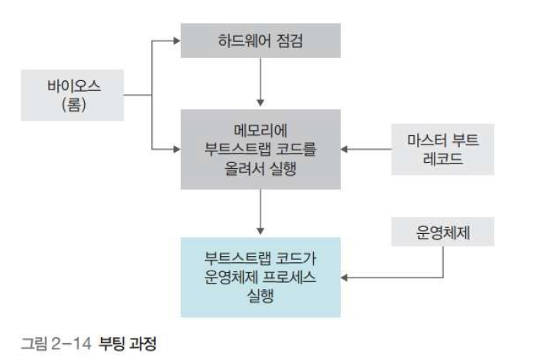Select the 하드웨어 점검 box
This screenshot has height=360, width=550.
click(260, 41)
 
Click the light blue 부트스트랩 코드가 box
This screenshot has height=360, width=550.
click(260, 277)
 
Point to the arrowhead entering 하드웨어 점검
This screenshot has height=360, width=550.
click(175, 41)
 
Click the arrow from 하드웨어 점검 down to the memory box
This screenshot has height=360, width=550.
click(260, 83)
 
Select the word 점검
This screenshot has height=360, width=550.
click(288, 41)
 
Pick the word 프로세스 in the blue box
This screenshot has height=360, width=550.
click(288, 277)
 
